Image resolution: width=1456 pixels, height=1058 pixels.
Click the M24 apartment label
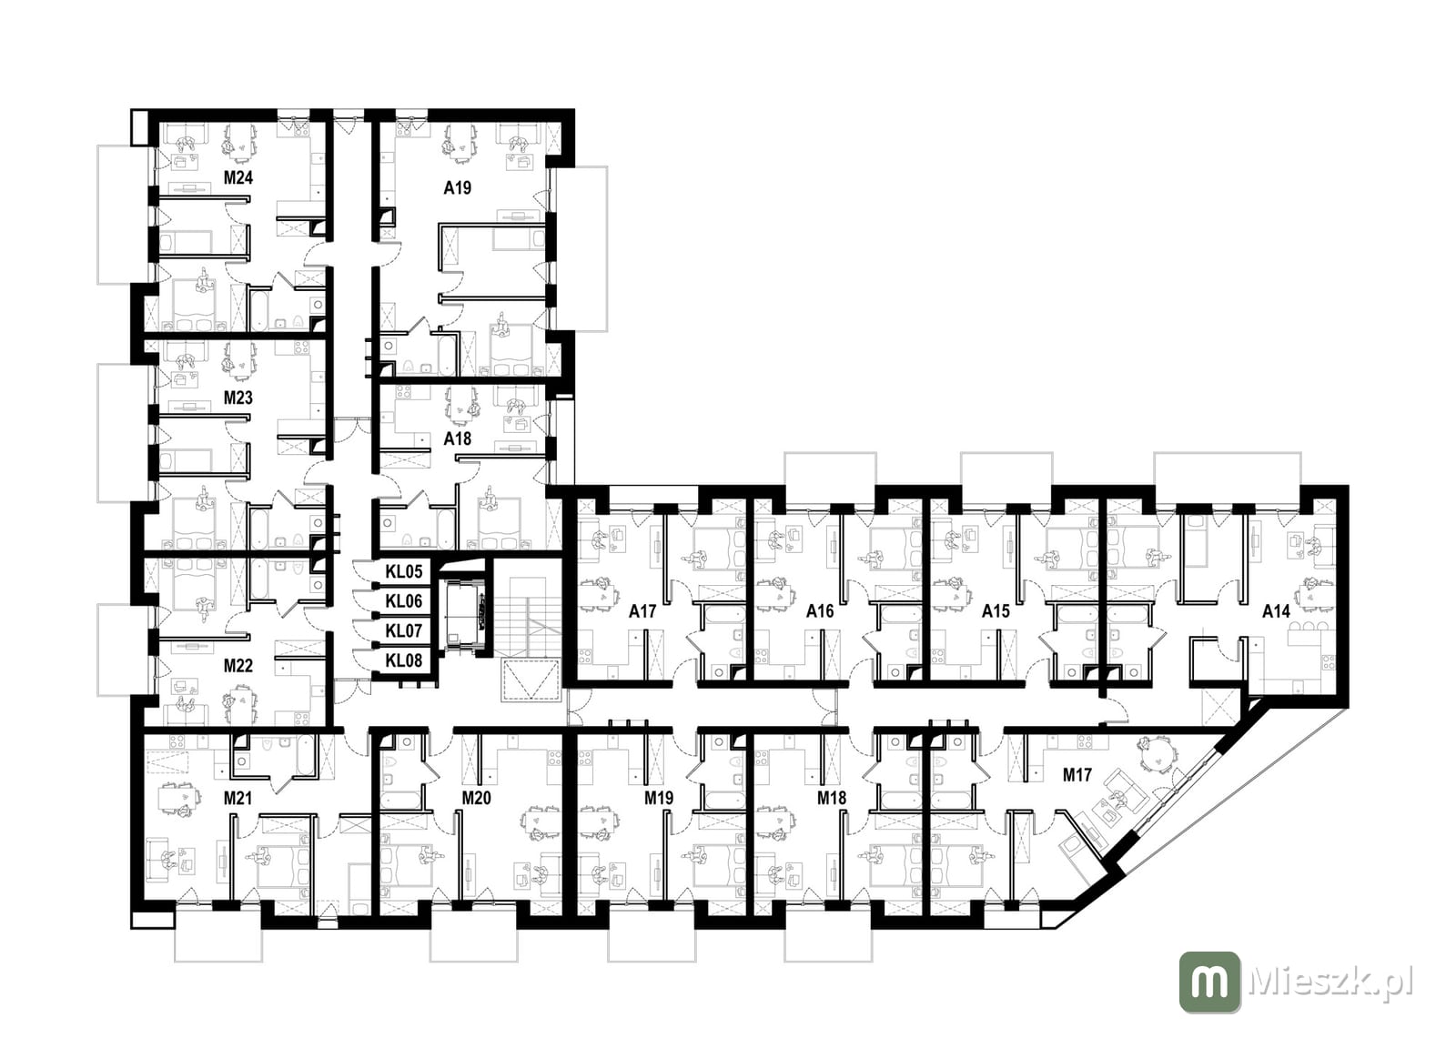238,177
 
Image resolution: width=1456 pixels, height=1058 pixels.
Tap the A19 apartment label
457,187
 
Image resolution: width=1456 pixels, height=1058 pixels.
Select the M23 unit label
238,398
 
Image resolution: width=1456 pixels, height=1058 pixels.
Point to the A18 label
457,438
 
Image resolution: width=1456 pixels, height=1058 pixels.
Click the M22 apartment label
238,666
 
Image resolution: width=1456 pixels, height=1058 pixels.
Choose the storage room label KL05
404,572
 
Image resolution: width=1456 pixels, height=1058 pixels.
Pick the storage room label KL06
404,601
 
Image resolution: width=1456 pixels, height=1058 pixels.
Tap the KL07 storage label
404,631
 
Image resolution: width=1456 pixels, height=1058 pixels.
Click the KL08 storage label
404,660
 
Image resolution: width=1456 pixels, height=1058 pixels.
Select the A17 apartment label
642,611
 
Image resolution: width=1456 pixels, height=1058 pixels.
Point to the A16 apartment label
820,611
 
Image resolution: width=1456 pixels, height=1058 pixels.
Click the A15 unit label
996,611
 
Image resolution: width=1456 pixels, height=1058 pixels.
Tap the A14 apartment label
1276,611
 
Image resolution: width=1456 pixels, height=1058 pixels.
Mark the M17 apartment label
1077,775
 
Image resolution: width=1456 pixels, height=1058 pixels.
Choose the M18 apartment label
832,798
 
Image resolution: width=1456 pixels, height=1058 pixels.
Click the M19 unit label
659,798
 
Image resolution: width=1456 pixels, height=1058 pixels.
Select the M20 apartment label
477,798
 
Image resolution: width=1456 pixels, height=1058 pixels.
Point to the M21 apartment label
238,798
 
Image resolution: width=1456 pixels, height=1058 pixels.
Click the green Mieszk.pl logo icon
1209,982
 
